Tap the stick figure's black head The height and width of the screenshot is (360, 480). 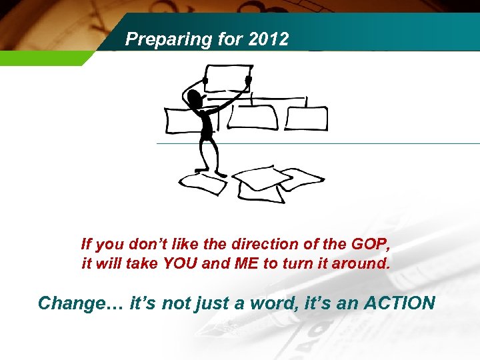[x=195, y=100]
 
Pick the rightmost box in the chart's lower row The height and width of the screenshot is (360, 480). [x=307, y=117]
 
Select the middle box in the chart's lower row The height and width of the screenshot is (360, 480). [x=252, y=117]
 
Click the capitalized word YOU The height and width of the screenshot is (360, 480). [x=177, y=263]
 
